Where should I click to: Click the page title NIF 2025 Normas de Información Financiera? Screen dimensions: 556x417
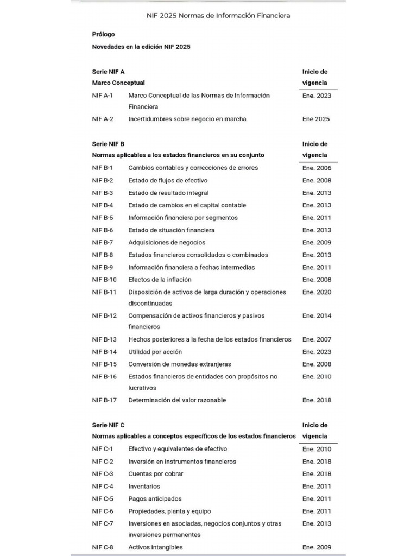pyautogui.click(x=218, y=16)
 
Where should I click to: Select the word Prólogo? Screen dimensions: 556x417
pyautogui.click(x=103, y=34)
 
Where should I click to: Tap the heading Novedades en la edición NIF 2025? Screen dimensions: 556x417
pyautogui.click(x=141, y=47)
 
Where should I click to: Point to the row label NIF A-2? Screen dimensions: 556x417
pyautogui.click(x=103, y=119)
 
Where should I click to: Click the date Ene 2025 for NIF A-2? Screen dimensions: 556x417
pyautogui.click(x=316, y=119)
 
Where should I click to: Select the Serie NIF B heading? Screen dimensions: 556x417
pyautogui.click(x=108, y=144)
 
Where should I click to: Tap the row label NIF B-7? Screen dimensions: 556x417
pyautogui.click(x=103, y=242)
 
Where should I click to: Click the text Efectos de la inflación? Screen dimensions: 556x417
pyautogui.click(x=160, y=280)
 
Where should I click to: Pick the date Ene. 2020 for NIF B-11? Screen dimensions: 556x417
pyautogui.click(x=317, y=292)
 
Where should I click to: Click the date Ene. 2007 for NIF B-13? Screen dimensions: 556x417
pyautogui.click(x=317, y=339)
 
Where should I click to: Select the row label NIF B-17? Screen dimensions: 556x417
pyautogui.click(x=104, y=400)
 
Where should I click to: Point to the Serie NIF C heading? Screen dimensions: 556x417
pyautogui.click(x=108, y=425)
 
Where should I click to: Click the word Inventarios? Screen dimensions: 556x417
pyautogui.click(x=144, y=486)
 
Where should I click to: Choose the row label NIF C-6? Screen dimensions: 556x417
pyautogui.click(x=103, y=511)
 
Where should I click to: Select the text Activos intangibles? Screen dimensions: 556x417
pyautogui.click(x=155, y=547)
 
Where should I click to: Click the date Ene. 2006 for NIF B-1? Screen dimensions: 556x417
pyautogui.click(x=317, y=168)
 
